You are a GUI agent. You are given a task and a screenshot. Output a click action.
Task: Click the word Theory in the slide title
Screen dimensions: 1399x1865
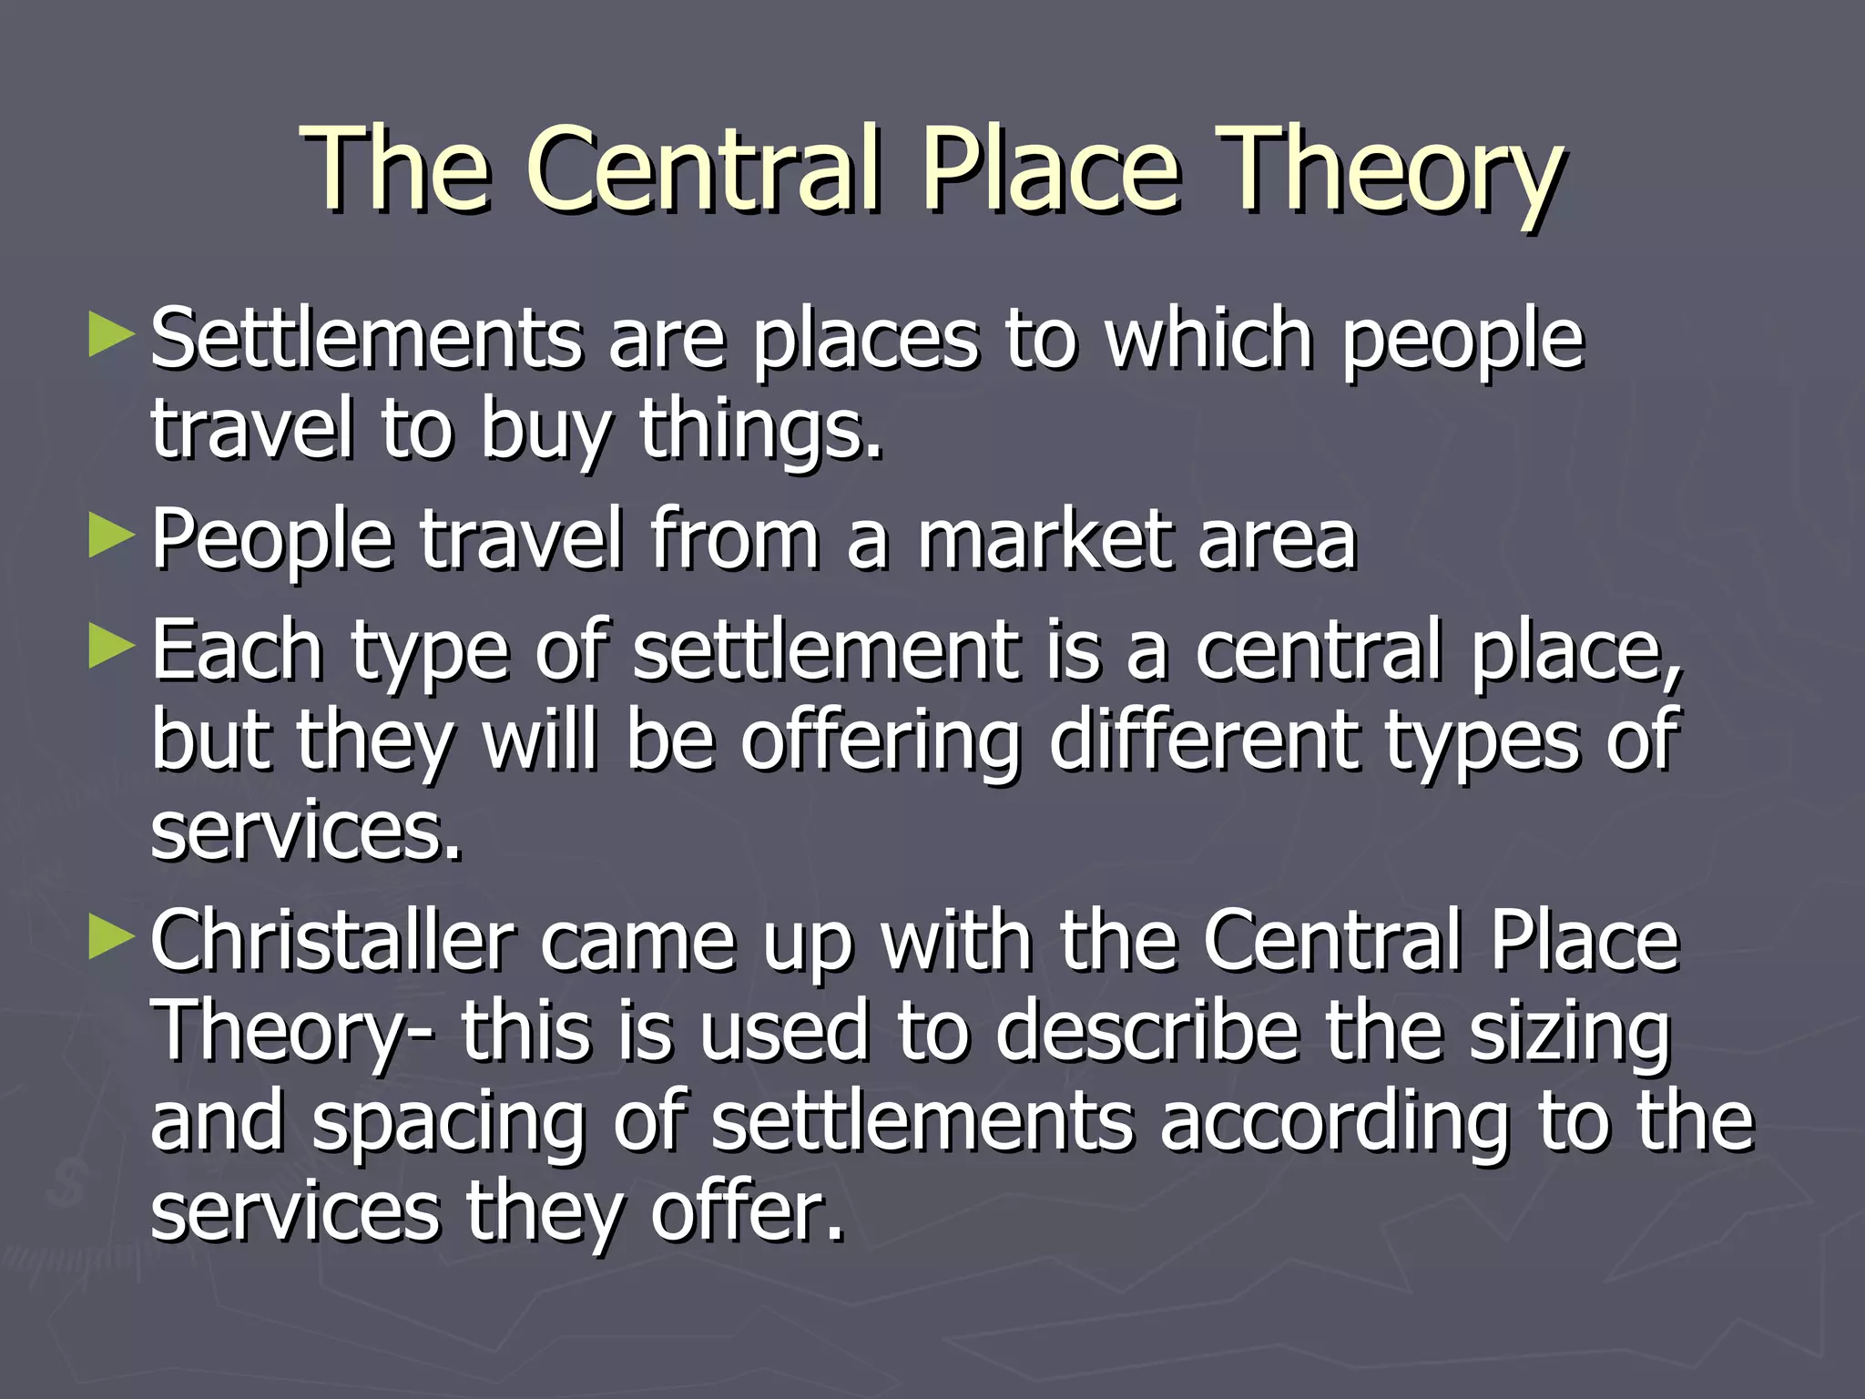1391,171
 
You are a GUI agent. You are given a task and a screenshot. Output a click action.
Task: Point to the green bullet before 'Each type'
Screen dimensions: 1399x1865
111,648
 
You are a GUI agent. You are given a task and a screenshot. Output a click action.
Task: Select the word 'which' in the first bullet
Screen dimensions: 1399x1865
1208,339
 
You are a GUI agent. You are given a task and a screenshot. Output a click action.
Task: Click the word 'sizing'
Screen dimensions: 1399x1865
1572,1033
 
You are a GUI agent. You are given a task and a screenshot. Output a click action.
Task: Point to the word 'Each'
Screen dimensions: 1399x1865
238,648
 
